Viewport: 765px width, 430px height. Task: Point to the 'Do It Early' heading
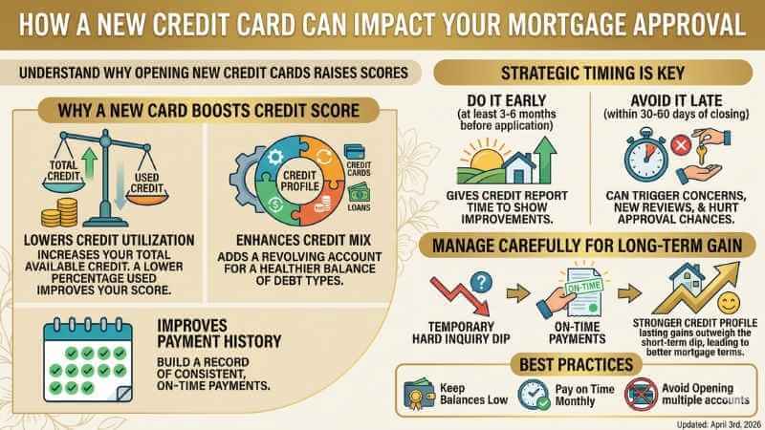[x=503, y=98]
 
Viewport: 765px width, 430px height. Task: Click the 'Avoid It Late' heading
[x=669, y=98]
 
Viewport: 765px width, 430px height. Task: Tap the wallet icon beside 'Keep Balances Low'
[x=419, y=394]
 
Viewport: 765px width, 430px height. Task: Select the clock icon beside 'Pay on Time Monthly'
[x=532, y=394]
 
